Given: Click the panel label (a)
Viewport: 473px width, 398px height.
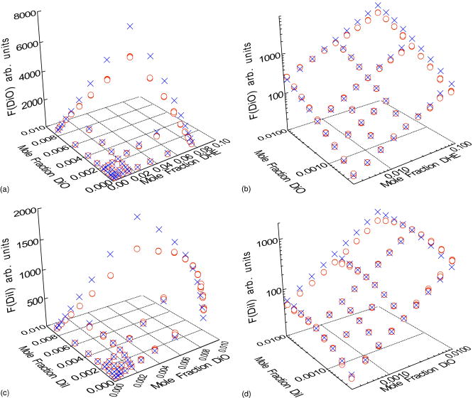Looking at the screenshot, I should pyautogui.click(x=6, y=190).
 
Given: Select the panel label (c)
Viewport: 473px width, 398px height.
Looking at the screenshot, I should pyautogui.click(x=6, y=388).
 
